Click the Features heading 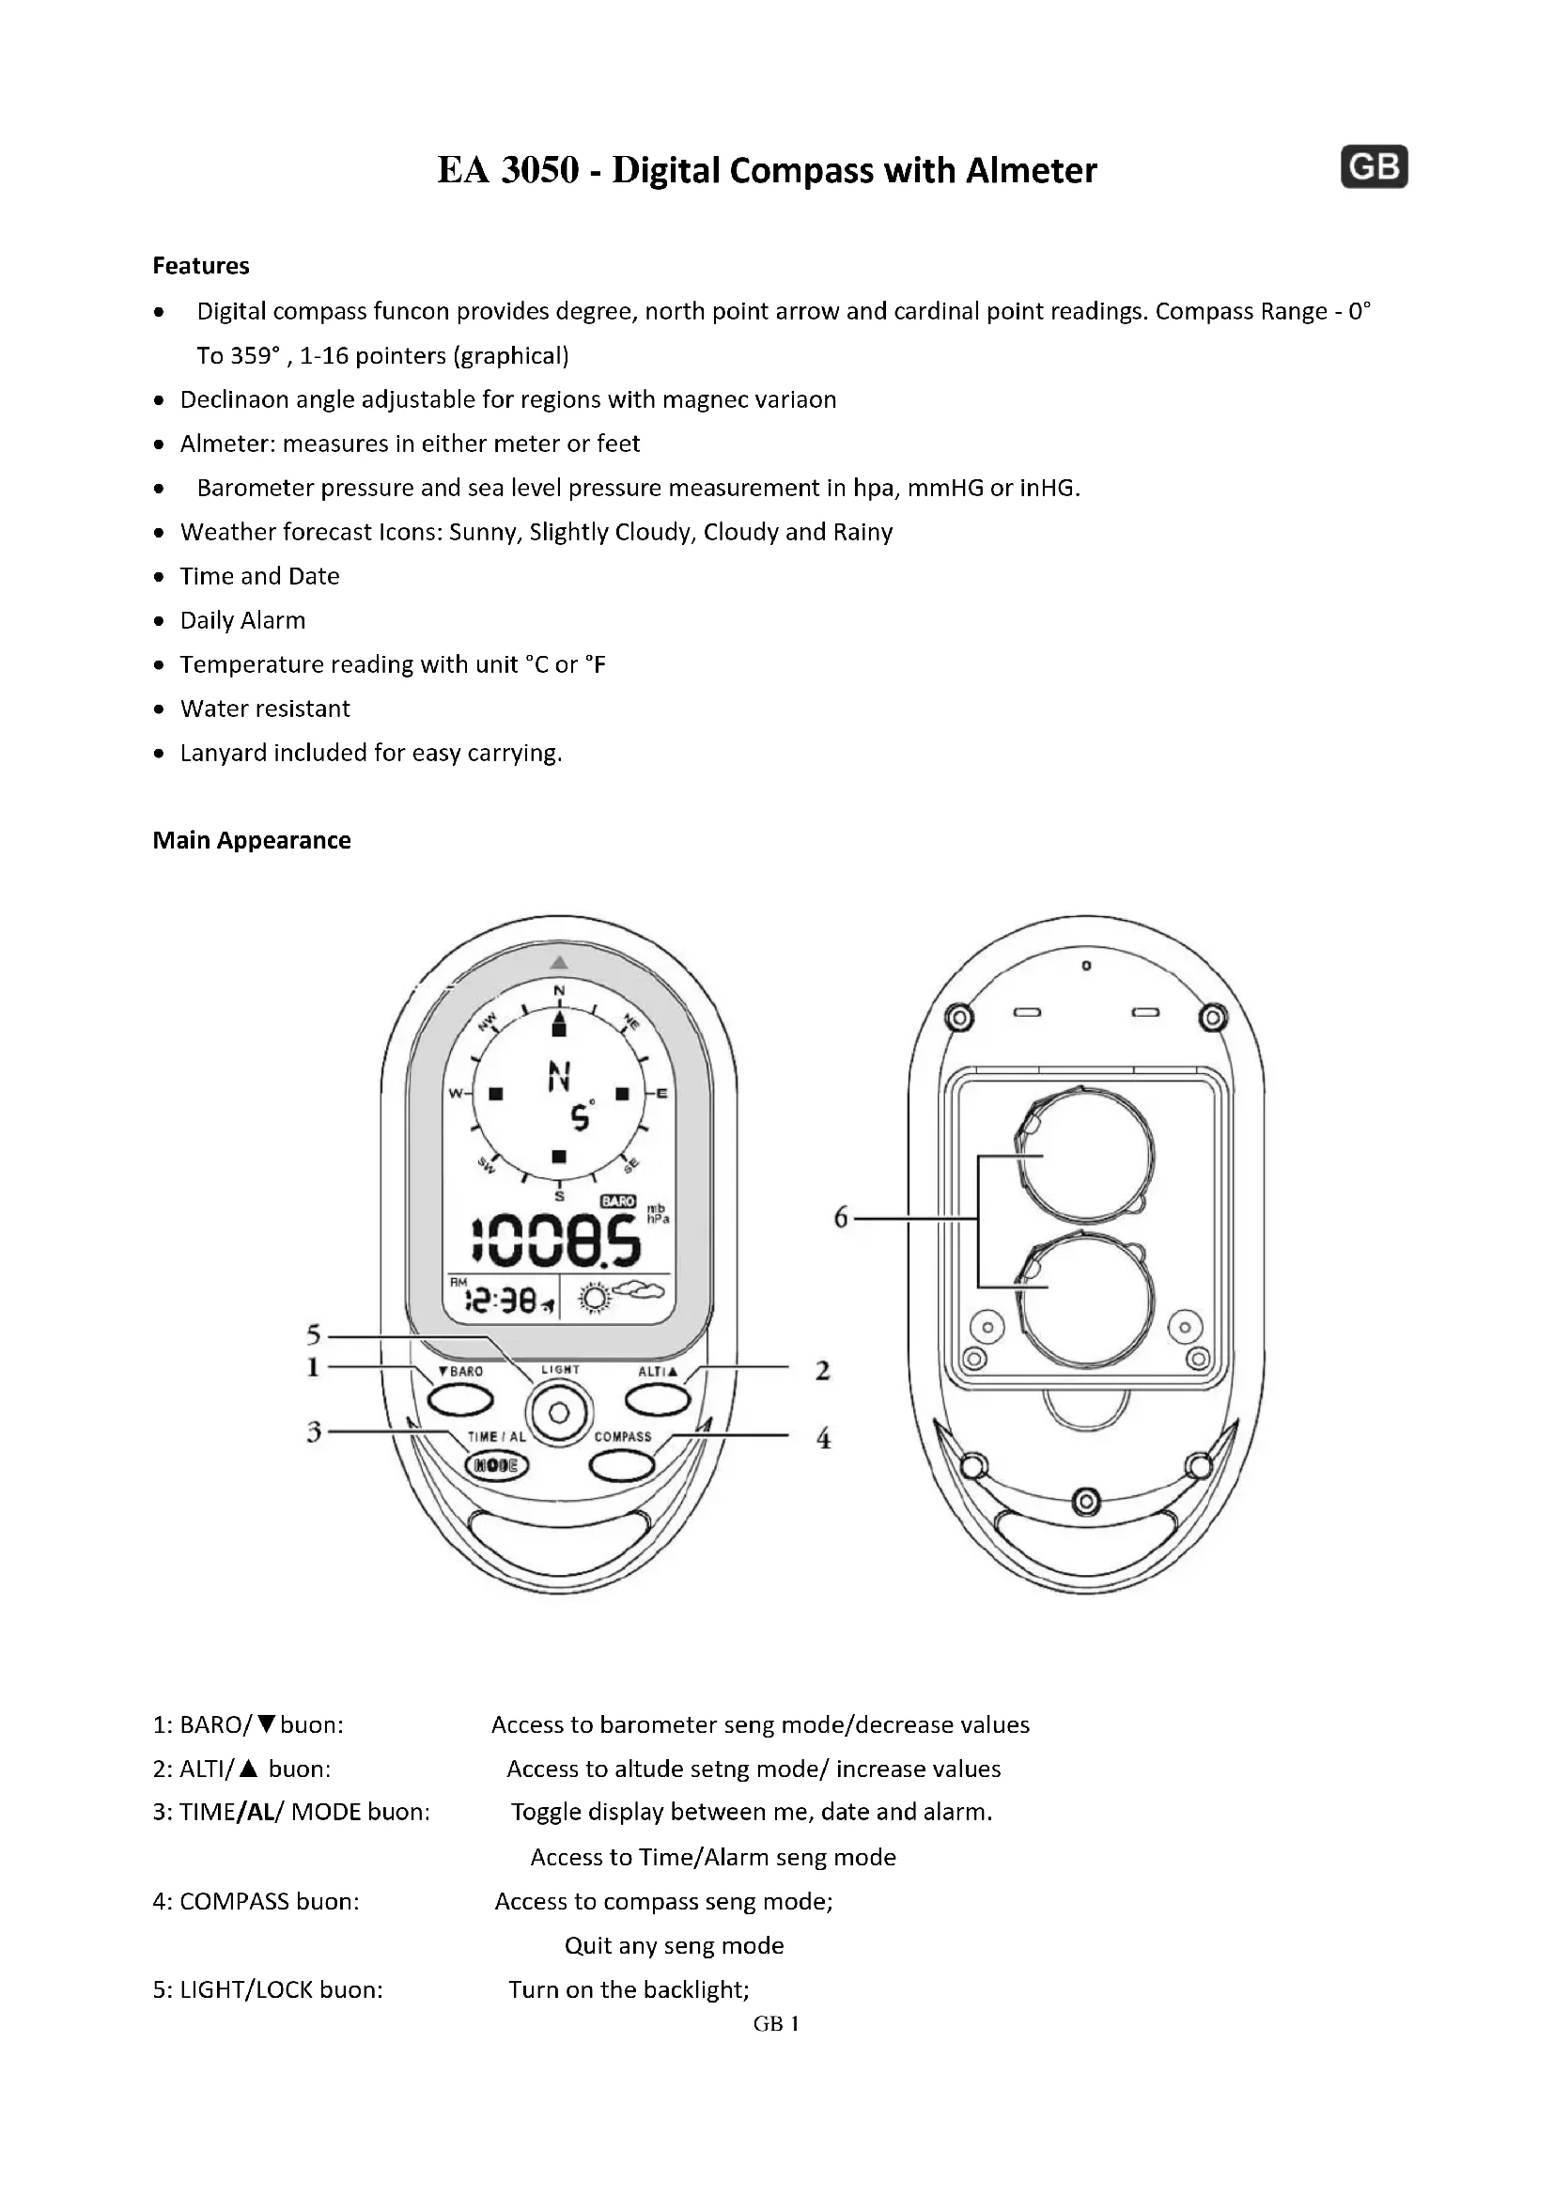[201, 266]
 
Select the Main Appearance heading [252, 840]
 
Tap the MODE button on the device [496, 1466]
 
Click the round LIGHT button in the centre [560, 1413]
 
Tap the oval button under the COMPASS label [622, 1465]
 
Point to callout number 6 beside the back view [841, 1218]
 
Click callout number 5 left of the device [314, 1334]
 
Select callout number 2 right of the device [823, 1371]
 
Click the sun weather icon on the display [595, 1299]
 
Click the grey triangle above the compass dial [560, 962]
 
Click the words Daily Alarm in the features [243, 620]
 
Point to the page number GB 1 [776, 2023]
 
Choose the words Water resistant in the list [265, 709]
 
